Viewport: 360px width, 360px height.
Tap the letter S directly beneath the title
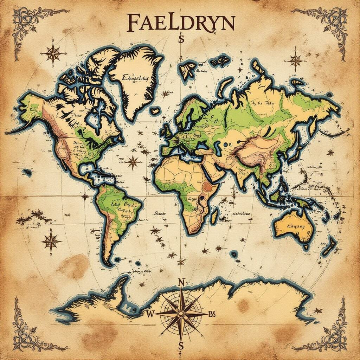[x=181, y=39]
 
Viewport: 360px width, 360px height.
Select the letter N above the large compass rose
[x=181, y=282]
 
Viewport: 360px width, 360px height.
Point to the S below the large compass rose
[x=181, y=345]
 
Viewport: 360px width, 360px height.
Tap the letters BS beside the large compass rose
[x=212, y=314]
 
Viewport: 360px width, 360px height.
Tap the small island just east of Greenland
[x=154, y=111]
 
